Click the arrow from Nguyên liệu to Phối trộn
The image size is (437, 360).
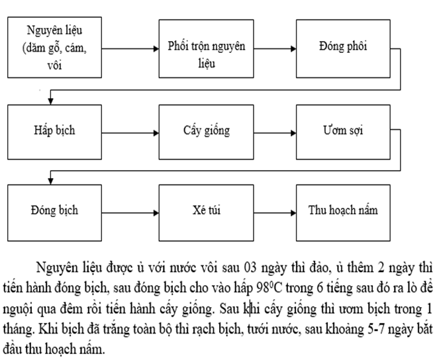click(x=130, y=49)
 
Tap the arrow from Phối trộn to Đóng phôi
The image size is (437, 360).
click(x=275, y=49)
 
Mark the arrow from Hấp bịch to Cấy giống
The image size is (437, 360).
click(x=130, y=133)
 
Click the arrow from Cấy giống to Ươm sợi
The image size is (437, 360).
click(x=275, y=133)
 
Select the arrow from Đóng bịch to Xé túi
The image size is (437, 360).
click(x=130, y=213)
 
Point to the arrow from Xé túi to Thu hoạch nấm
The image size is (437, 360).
click(x=275, y=213)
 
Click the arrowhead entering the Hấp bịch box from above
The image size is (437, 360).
click(x=50, y=101)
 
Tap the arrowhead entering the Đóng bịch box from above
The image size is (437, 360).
click(x=50, y=181)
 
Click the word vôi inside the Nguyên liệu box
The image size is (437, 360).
click(x=54, y=66)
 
